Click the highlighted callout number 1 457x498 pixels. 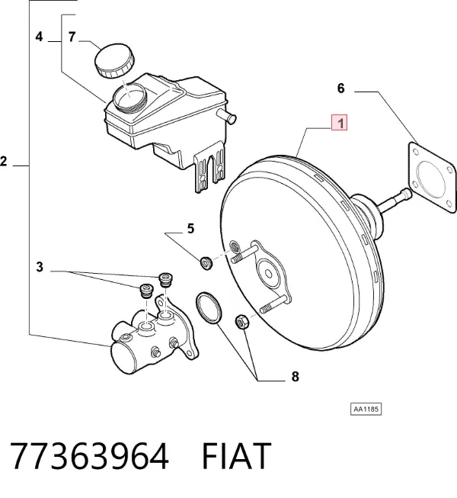[340, 123]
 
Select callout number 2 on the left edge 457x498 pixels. [4, 162]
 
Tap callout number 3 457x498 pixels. [40, 267]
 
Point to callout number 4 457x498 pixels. [39, 37]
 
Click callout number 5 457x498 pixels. [190, 228]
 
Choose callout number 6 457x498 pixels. [340, 88]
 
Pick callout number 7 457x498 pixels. [72, 37]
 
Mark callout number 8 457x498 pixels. [295, 376]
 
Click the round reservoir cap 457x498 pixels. [114, 60]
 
